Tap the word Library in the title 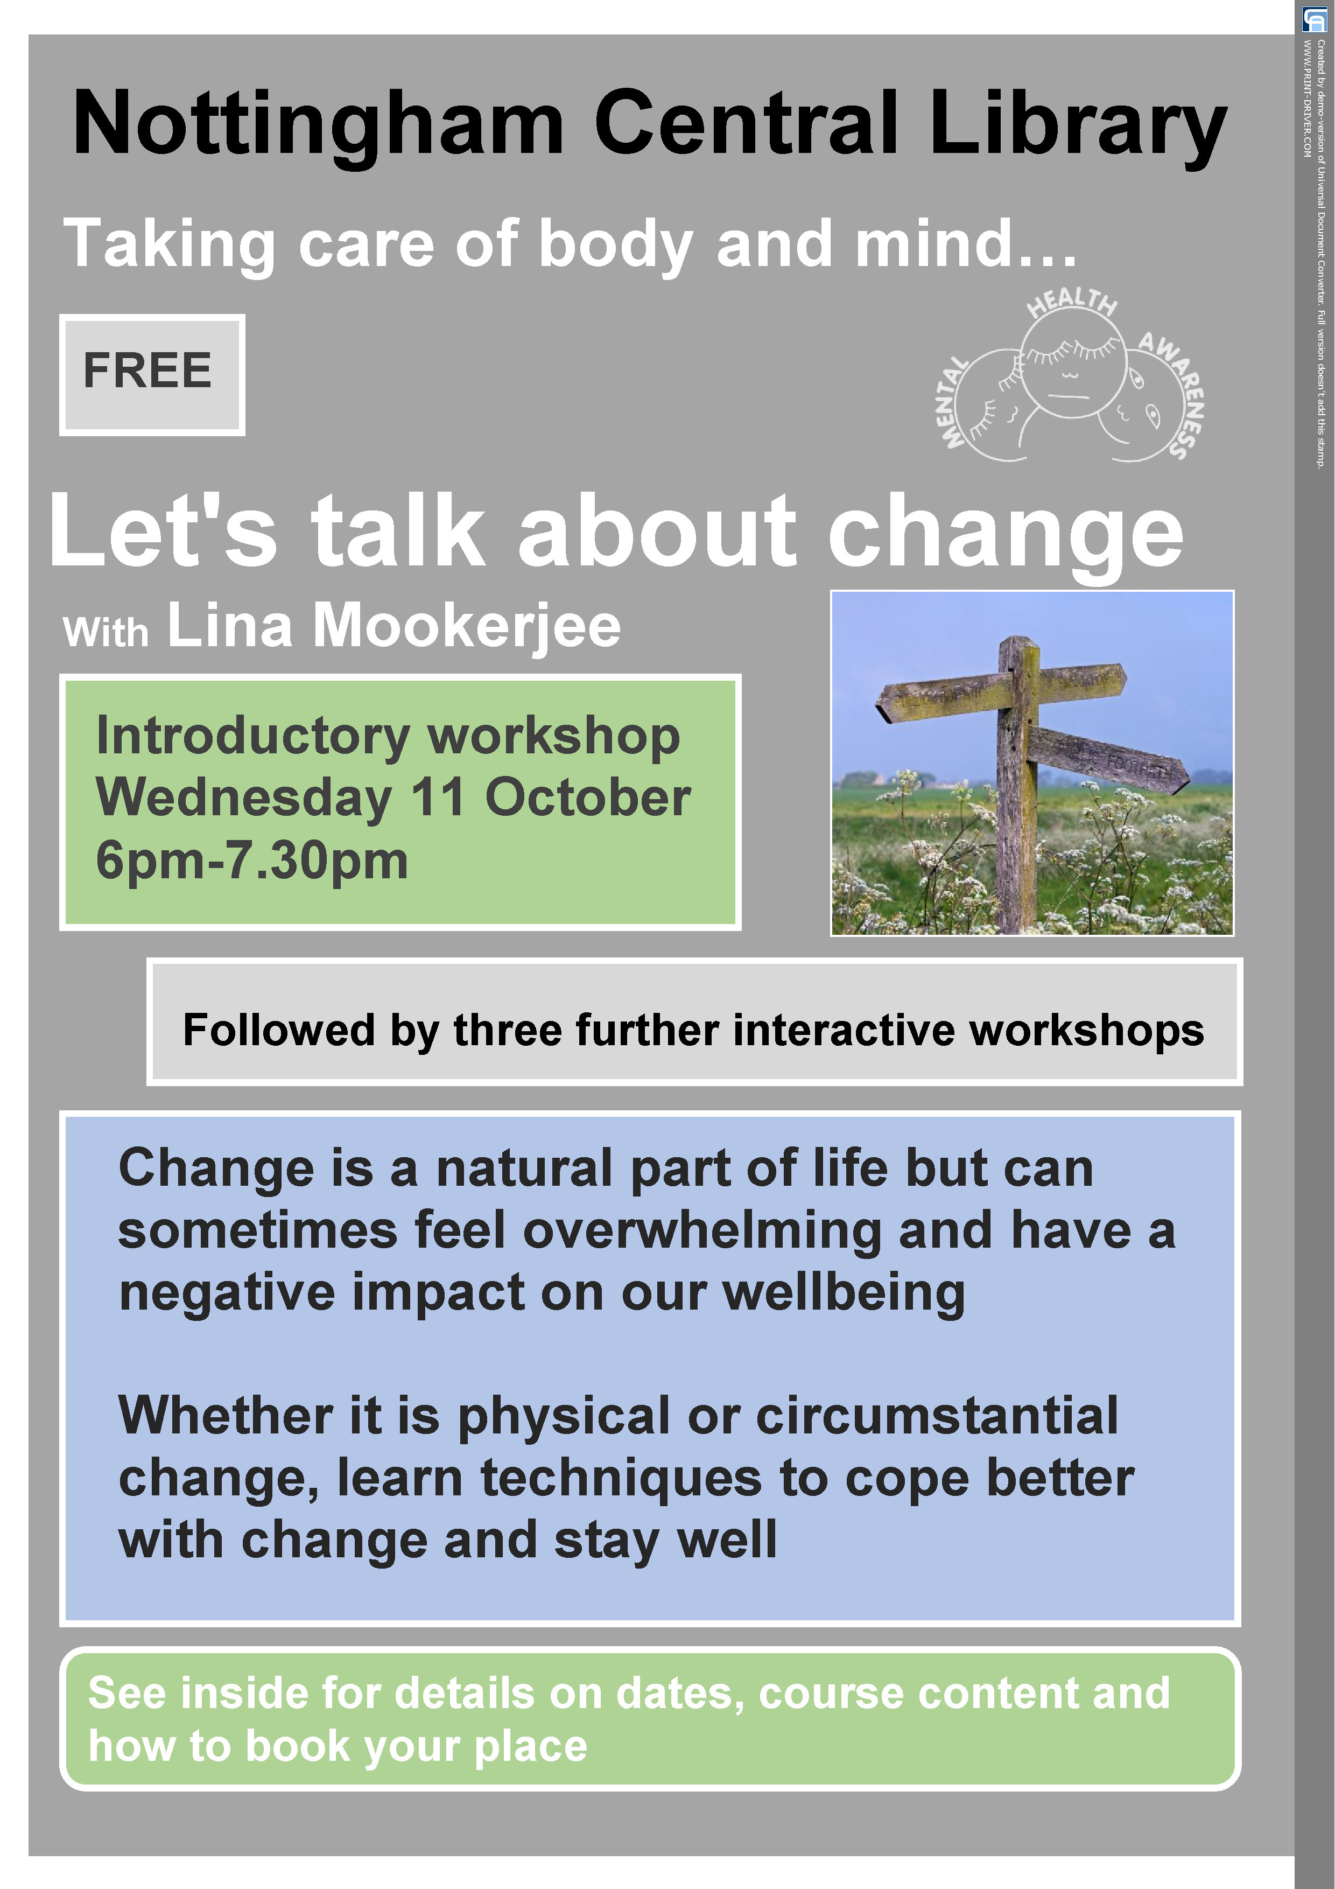tap(1078, 123)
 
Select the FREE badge tap(151, 374)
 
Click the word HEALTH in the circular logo tap(1072, 302)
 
